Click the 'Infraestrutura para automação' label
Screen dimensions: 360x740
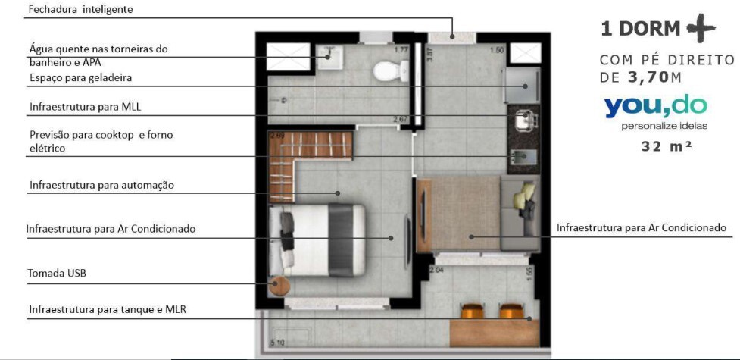(x=102, y=185)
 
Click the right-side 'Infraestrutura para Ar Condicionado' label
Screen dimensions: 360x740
(x=641, y=227)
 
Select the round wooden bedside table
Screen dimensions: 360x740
(x=280, y=287)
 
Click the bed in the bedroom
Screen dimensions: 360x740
(x=318, y=239)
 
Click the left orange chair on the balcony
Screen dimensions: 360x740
(x=473, y=311)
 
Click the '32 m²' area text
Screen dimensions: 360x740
(x=666, y=146)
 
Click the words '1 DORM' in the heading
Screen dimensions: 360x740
(x=640, y=29)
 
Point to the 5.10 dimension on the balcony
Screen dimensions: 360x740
(x=278, y=342)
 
